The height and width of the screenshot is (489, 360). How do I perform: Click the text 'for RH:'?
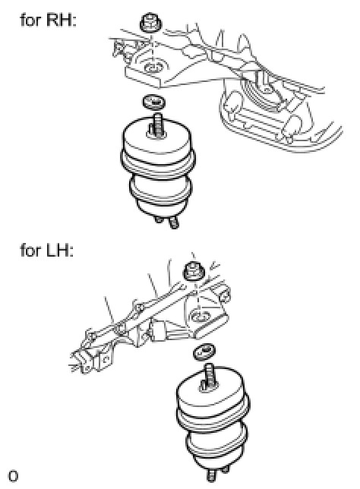pos(48,21)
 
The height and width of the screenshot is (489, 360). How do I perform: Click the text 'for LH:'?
pos(47,251)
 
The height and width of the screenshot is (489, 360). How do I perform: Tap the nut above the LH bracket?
pos(194,272)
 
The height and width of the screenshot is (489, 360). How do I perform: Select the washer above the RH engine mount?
pos(153,102)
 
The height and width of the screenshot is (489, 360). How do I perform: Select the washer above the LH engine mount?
pos(204,351)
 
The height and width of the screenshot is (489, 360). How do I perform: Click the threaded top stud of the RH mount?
pos(157,125)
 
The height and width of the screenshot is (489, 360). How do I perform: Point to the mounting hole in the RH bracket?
pos(152,66)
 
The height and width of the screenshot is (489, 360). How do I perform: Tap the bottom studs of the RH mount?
pos(166,222)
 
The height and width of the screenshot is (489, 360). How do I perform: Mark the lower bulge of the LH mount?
pos(216,440)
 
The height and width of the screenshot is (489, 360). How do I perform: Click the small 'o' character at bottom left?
pos(13,476)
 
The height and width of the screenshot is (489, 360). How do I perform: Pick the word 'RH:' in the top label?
pos(62,21)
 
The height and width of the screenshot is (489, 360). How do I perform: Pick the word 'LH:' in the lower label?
pos(60,251)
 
